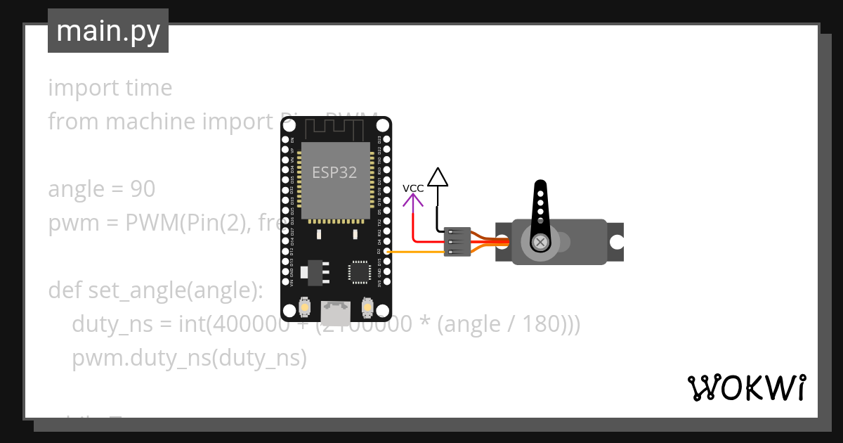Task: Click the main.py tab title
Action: click(x=108, y=31)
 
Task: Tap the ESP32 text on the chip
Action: click(x=335, y=172)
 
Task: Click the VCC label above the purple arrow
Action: click(x=413, y=188)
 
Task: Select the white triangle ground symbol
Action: click(x=438, y=177)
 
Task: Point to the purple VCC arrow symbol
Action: click(x=413, y=200)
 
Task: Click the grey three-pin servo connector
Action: click(x=457, y=241)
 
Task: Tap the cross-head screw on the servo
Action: click(x=540, y=243)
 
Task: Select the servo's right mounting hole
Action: click(x=616, y=243)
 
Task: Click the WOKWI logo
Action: click(x=746, y=387)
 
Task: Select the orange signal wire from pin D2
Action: click(x=414, y=251)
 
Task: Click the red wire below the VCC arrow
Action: click(x=414, y=225)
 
